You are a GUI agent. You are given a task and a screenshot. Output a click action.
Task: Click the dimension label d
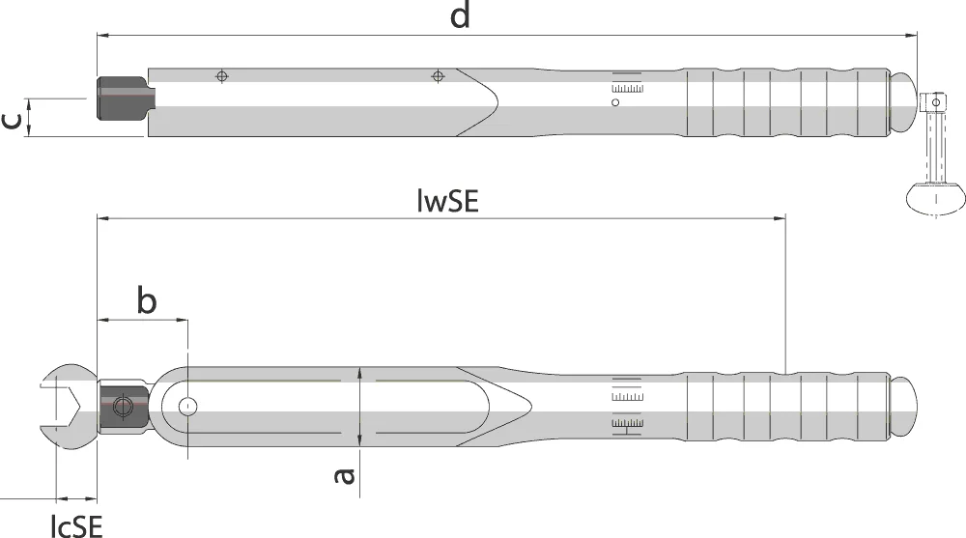[460, 14]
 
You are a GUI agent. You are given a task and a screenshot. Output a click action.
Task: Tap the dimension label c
[13, 120]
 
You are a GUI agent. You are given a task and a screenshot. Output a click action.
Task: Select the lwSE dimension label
[448, 201]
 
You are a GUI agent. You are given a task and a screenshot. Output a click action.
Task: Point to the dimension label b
[146, 300]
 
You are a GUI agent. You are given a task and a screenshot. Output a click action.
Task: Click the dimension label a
[345, 476]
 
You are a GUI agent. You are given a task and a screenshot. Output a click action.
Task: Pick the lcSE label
[76, 525]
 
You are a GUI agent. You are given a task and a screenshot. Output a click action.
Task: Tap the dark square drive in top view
[126, 99]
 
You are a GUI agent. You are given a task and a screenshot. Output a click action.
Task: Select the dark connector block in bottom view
[124, 407]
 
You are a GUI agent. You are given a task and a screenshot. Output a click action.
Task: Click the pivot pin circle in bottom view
[188, 407]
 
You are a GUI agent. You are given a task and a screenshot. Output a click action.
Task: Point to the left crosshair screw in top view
[222, 76]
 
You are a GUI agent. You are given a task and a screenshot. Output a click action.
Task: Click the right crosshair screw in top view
[438, 76]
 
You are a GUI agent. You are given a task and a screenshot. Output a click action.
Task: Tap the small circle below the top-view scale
[614, 103]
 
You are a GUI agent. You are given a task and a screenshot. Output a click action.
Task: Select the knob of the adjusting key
[935, 197]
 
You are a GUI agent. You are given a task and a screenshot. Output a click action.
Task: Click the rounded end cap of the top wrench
[903, 101]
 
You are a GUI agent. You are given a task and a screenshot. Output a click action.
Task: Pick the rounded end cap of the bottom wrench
[903, 407]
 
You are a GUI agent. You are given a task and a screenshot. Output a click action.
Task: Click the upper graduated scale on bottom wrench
[627, 396]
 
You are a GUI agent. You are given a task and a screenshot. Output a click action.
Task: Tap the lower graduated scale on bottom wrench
[627, 424]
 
